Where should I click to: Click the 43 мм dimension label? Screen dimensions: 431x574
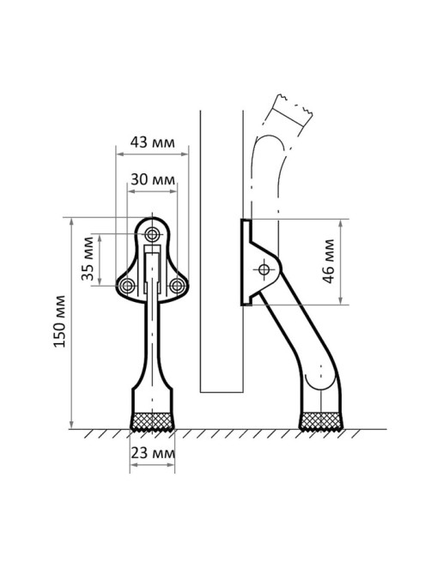152,142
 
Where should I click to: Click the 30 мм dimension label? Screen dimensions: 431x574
153,179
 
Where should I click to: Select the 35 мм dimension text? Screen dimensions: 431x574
88,259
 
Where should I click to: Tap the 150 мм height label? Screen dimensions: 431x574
60,321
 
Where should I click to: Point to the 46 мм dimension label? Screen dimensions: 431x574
329,262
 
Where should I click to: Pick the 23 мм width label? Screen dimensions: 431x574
153,453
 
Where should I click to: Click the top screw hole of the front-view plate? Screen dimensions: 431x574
152,233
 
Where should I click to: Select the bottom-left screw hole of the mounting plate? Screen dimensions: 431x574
127,286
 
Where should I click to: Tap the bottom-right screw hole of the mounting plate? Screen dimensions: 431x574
177,286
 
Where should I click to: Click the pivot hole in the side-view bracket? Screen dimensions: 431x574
264,269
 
